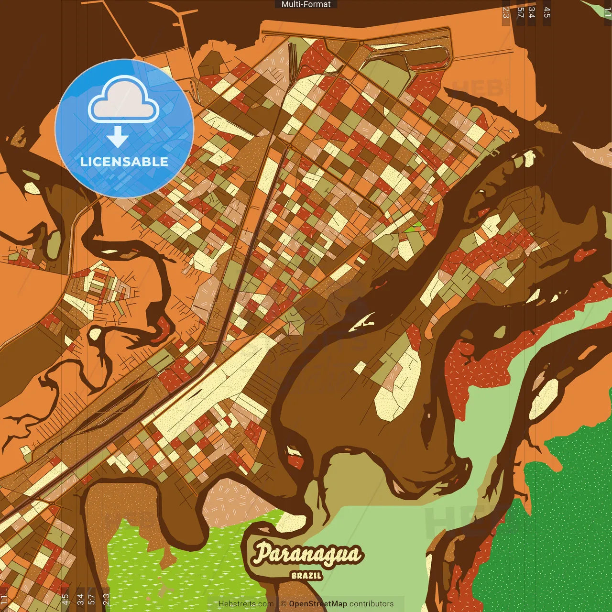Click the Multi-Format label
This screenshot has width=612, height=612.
pos(306,4)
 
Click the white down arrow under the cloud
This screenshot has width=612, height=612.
pos(118,137)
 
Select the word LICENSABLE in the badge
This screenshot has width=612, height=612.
pos(124,162)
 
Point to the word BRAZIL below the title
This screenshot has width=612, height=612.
pos(306,576)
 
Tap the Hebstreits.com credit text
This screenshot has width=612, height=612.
pos(246,604)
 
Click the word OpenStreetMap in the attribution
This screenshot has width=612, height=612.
pos(318,604)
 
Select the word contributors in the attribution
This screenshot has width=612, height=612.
pos(372,604)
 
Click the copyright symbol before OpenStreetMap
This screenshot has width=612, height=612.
pos(284,604)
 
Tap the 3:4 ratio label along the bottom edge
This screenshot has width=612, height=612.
pos(80,599)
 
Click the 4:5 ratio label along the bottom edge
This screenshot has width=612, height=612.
pos(65,599)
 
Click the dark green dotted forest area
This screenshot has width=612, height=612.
pos(559,526)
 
